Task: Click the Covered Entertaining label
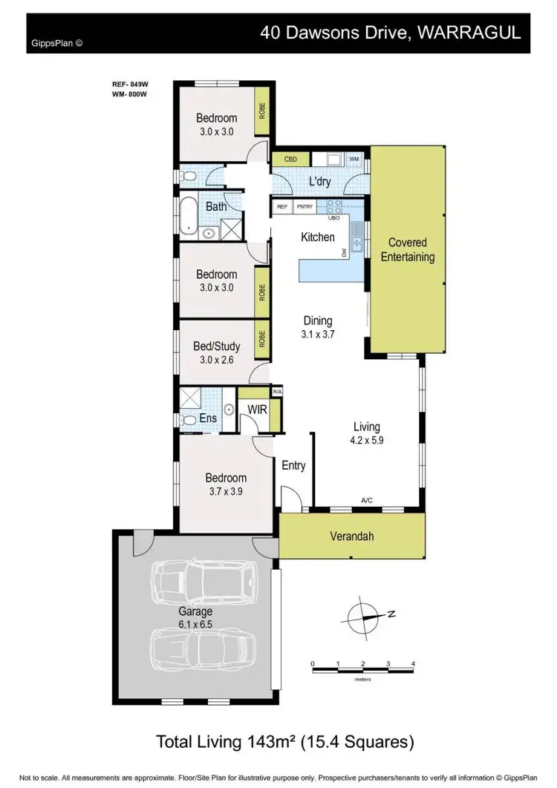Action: coord(407,250)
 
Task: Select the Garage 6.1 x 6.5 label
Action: coord(195,618)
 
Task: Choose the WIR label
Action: coord(257,410)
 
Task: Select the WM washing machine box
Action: coord(354,159)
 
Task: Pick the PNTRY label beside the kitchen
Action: coord(304,207)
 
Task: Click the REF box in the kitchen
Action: coord(282,207)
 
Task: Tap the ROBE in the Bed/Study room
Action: coord(262,338)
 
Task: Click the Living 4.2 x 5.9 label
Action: coord(367,433)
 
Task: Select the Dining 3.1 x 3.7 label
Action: coord(318,327)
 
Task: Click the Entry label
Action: coord(293,466)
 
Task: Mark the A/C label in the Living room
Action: coord(367,501)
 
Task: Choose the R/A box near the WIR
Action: coord(278,392)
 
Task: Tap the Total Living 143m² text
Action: coord(284,741)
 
